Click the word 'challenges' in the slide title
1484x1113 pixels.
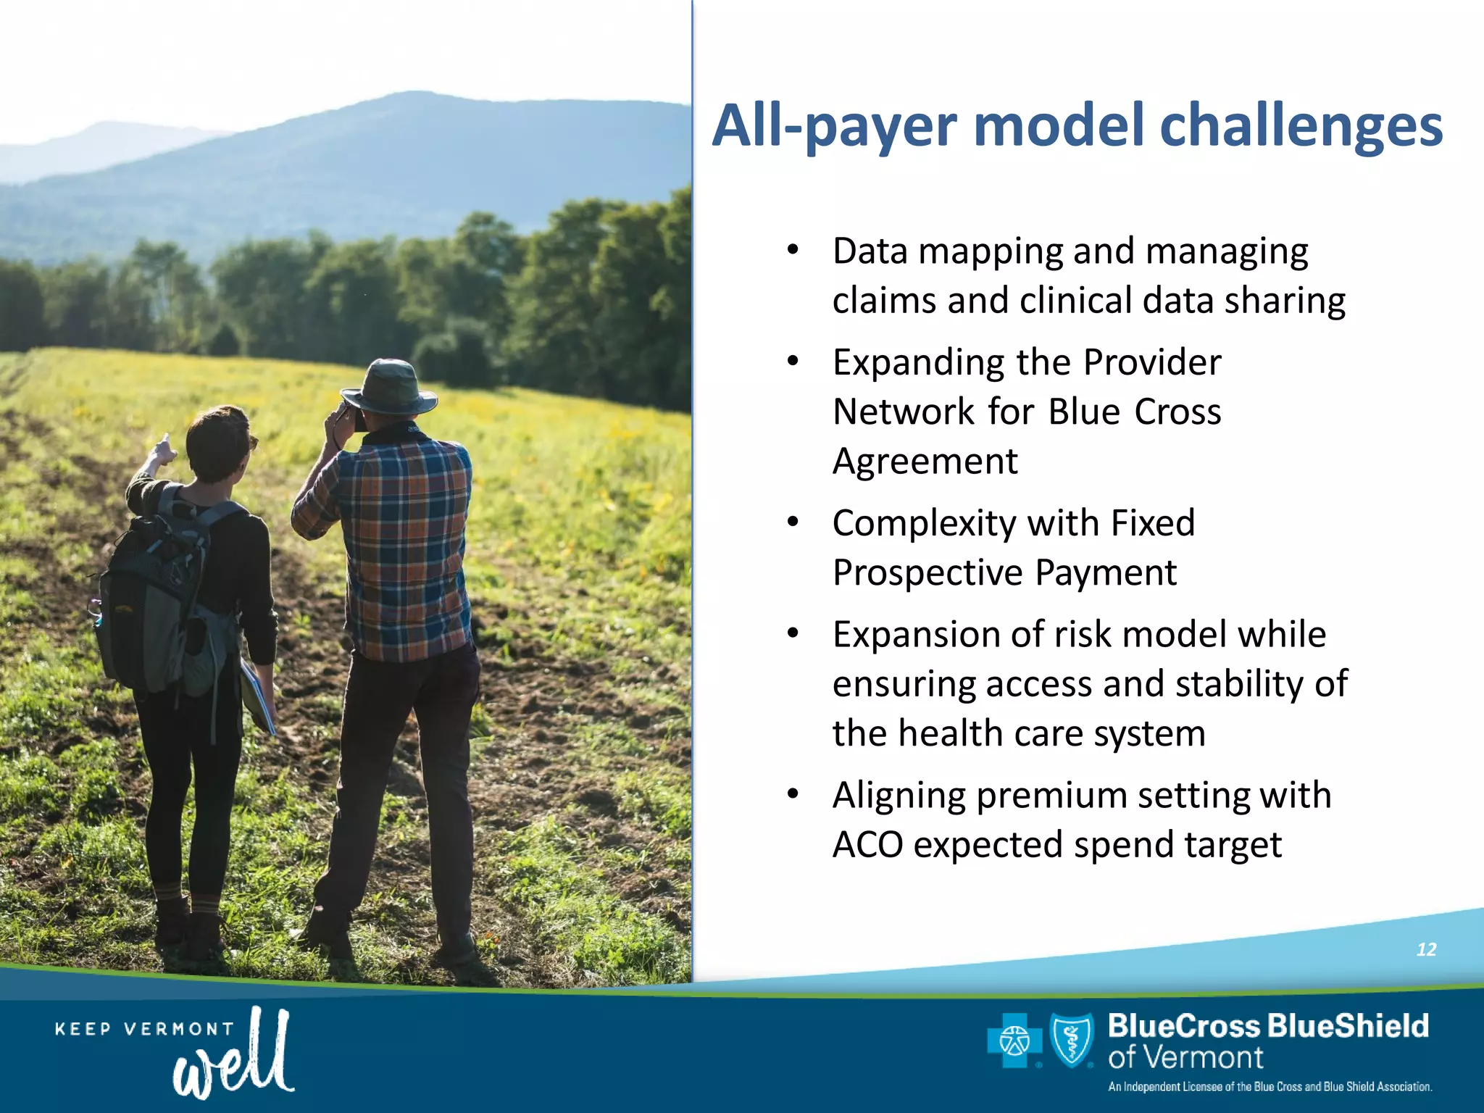[1301, 126]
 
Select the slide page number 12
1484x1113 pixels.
[1426, 949]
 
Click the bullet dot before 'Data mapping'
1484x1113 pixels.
[793, 250]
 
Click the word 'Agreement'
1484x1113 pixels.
[925, 461]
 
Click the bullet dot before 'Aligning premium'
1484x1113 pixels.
[793, 794]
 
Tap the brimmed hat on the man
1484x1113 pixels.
[390, 388]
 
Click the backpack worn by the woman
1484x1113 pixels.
[159, 594]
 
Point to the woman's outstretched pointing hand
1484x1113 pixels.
[164, 449]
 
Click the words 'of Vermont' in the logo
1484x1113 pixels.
[1185, 1058]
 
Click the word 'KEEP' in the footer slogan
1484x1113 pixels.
[83, 1029]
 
